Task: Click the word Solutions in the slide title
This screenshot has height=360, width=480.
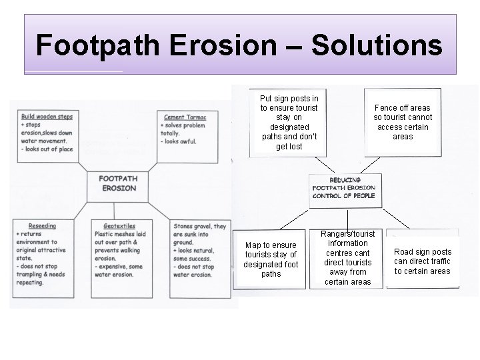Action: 377,45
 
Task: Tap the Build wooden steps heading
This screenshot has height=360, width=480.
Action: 47,117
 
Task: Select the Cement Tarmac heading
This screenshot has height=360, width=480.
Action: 185,118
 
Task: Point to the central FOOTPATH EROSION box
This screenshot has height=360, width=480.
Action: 117,183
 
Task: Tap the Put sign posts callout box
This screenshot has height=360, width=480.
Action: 289,122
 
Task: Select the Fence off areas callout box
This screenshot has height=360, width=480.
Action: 403,122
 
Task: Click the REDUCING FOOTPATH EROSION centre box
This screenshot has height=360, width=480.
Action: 344,188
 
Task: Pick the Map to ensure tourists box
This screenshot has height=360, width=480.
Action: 271,259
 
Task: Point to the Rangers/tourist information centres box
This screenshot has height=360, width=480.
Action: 348,258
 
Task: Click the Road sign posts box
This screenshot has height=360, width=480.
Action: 423,261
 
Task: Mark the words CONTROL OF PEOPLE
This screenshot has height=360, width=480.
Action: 344,196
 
